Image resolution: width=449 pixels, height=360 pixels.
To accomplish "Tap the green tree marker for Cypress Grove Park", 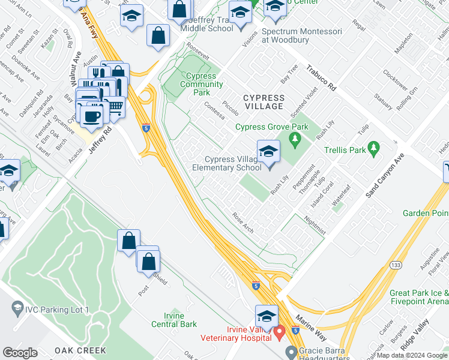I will tap(294, 139).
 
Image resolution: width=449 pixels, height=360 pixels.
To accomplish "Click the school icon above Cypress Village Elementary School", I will tap(268, 152).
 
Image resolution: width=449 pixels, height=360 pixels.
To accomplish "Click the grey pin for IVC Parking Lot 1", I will tap(16, 309).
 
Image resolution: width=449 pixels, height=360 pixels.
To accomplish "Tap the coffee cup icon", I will tap(92, 116).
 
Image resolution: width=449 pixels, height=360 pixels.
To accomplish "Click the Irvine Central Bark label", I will tap(180, 320).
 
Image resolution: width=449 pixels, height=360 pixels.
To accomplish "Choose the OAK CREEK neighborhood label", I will tap(80, 350).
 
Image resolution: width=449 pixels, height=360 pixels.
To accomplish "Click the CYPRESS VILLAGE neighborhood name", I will tap(263, 102).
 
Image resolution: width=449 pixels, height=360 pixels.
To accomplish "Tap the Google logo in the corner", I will tap(20, 353).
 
